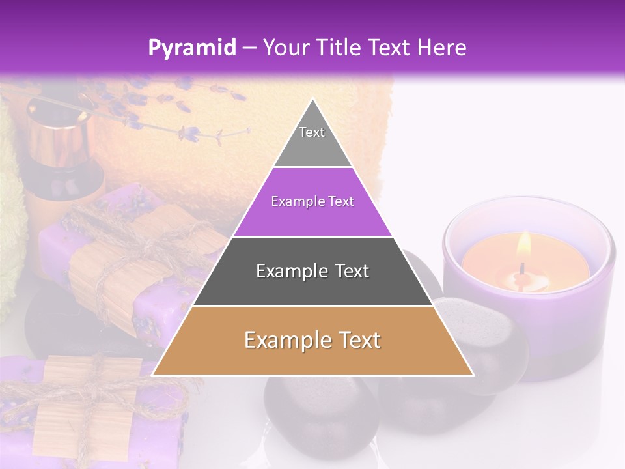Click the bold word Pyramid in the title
tap(191, 48)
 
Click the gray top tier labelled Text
tap(312, 140)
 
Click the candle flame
tap(524, 246)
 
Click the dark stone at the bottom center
tap(319, 417)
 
